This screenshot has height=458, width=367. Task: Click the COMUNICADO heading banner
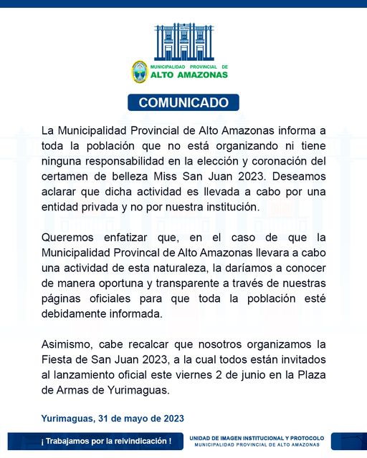click(183, 102)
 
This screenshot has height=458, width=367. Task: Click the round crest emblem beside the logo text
click(139, 72)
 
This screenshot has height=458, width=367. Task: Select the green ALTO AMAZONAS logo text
click(189, 74)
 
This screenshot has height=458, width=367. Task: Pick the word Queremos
click(67, 238)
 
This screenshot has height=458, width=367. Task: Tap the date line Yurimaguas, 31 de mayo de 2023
click(113, 418)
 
